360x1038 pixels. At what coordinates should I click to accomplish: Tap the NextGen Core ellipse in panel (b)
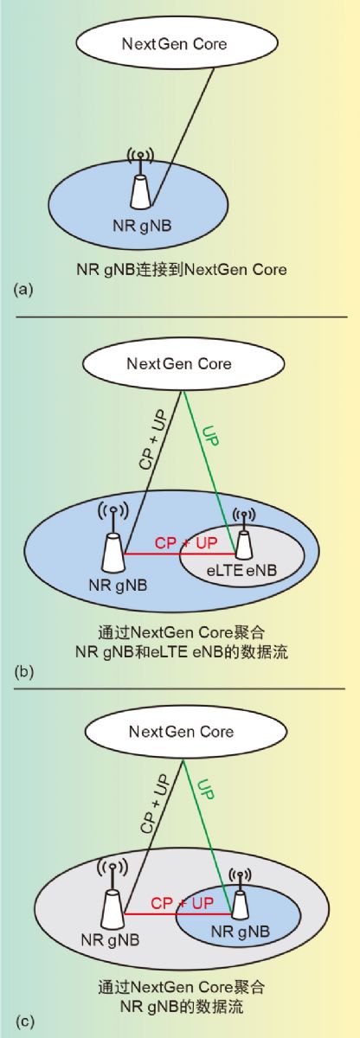click(x=183, y=363)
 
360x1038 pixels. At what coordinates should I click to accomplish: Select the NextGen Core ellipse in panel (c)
click(x=185, y=732)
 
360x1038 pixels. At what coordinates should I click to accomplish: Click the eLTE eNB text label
click(x=241, y=570)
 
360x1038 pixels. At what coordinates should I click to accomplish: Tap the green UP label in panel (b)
click(x=210, y=436)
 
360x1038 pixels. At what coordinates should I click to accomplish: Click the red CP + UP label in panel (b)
click(x=186, y=542)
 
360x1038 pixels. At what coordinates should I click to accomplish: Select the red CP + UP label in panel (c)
click(x=182, y=903)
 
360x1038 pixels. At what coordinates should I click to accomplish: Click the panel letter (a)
click(x=23, y=290)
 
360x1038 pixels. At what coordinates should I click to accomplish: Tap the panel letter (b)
click(x=24, y=671)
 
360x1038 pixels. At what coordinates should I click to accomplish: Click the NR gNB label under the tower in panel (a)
click(x=142, y=226)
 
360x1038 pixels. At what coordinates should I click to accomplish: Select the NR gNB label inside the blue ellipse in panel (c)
click(x=241, y=931)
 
